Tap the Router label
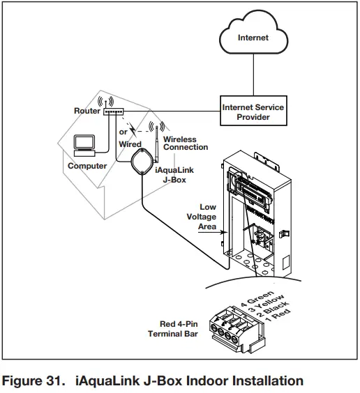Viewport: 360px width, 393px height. [x=87, y=111]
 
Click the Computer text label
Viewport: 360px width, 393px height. [x=87, y=166]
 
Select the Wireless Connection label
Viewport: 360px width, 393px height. [x=185, y=144]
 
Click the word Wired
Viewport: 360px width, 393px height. [x=130, y=144]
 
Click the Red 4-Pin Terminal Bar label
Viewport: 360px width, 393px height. [x=175, y=330]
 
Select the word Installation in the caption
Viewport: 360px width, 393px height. [x=264, y=380]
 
